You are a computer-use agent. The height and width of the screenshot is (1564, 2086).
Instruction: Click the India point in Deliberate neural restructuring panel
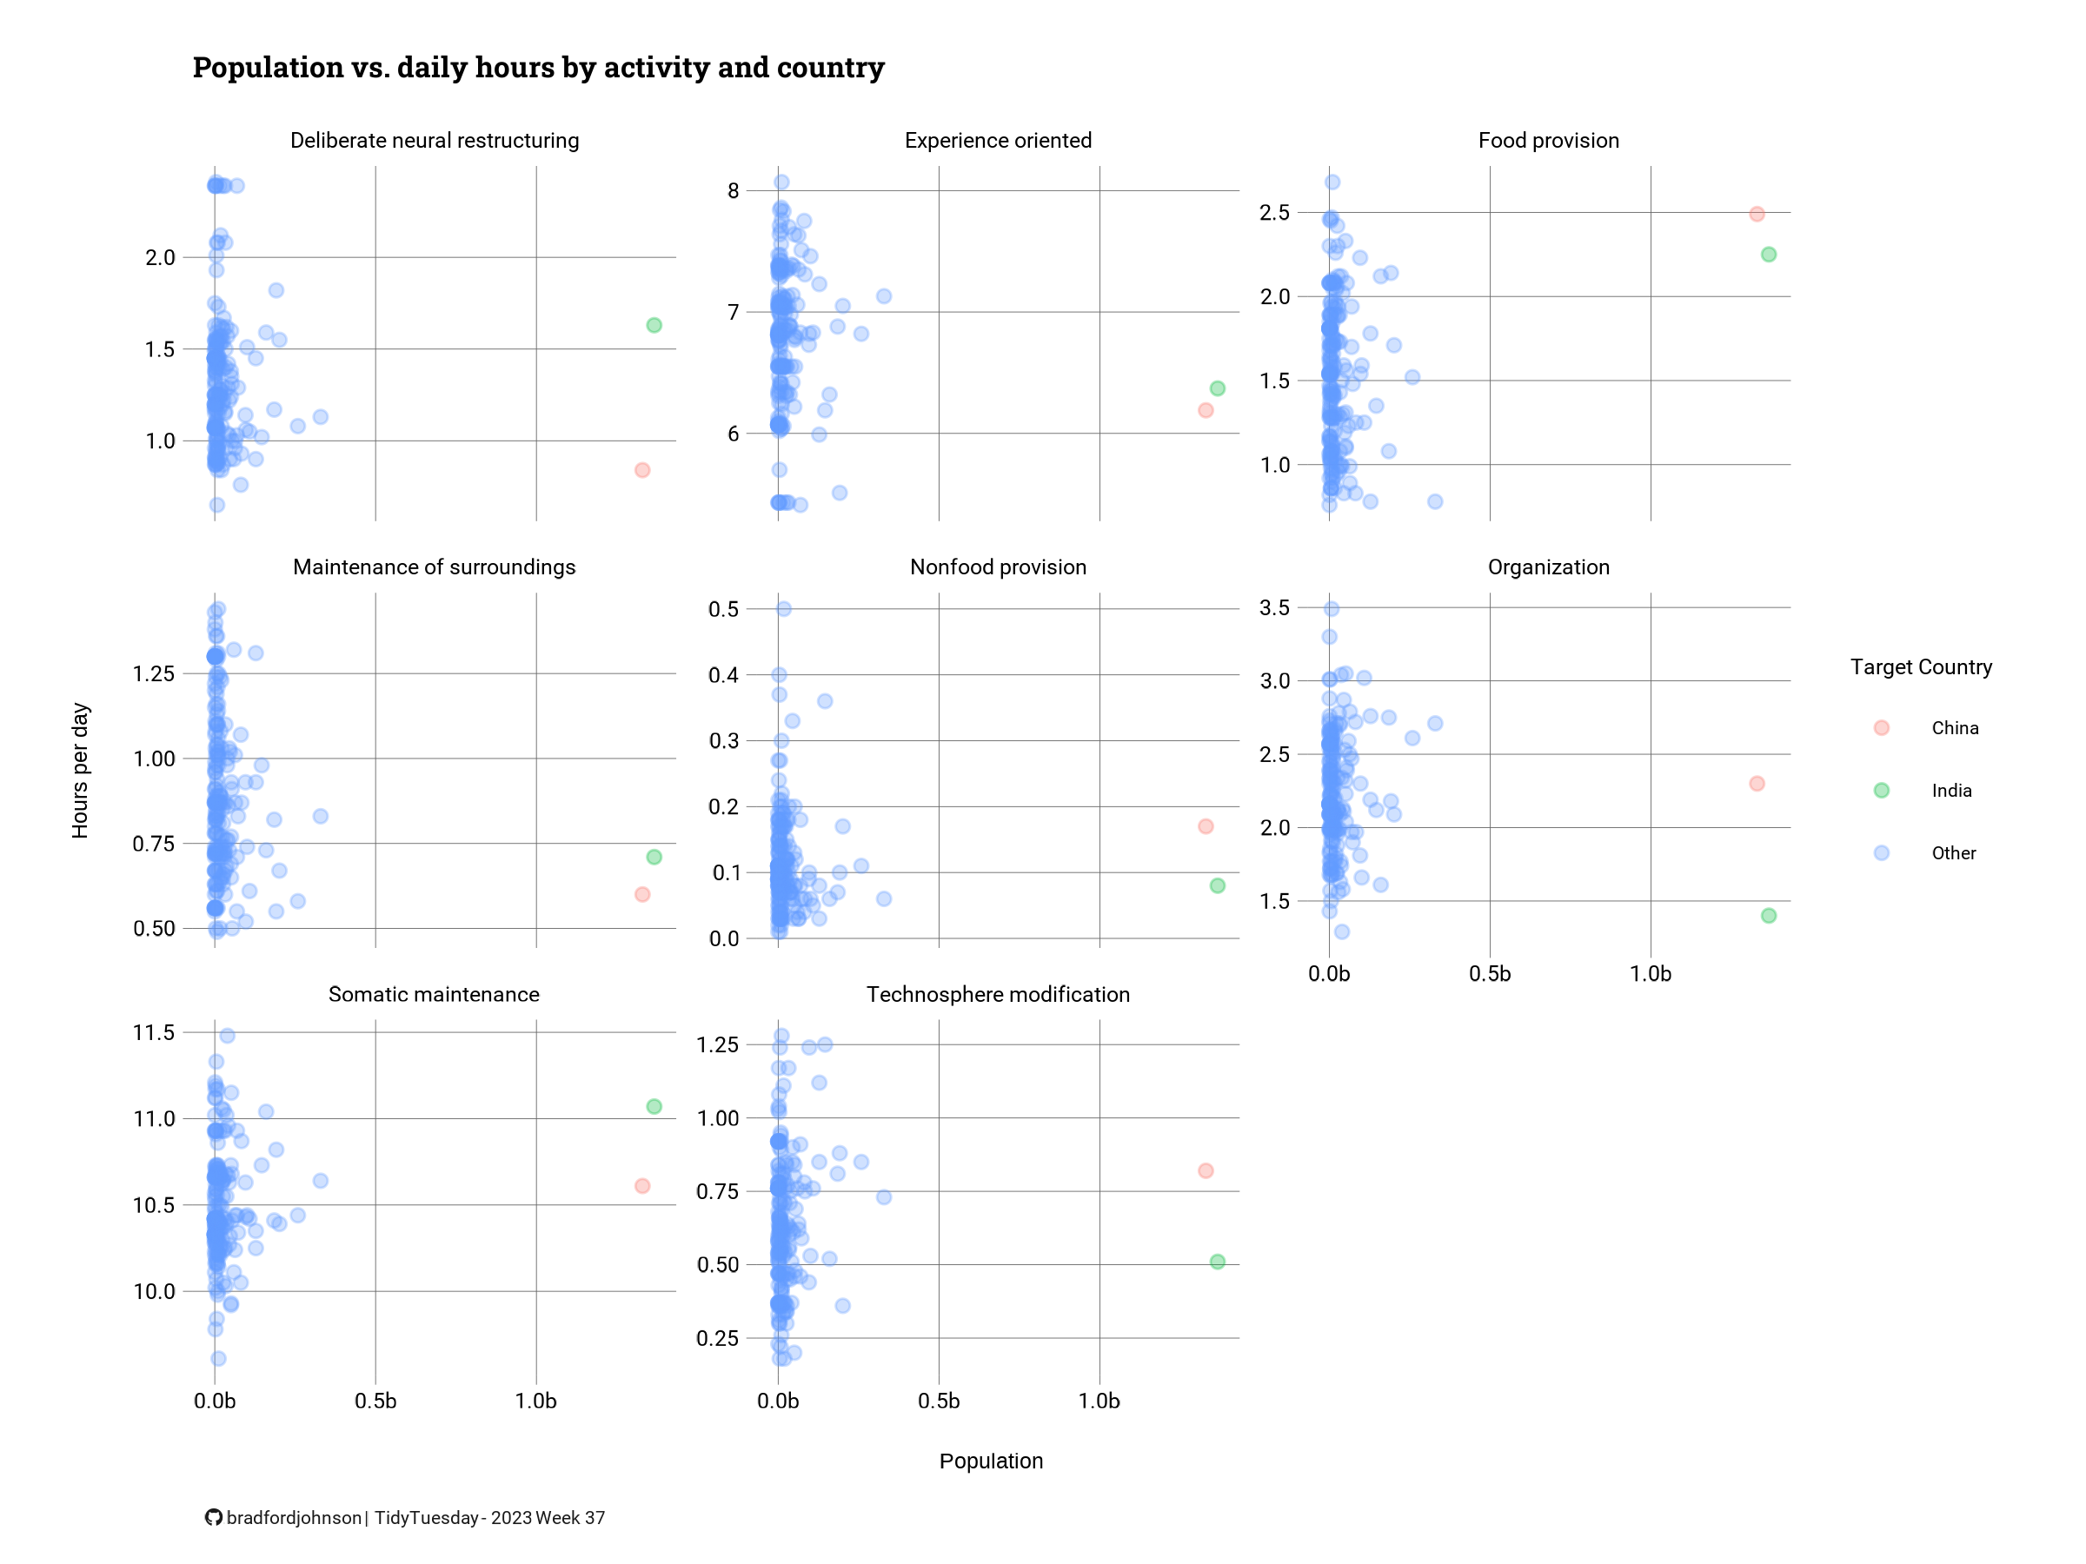click(654, 325)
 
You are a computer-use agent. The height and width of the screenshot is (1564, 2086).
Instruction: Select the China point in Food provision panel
click(1756, 214)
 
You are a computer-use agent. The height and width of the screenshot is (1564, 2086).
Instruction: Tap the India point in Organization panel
click(1768, 916)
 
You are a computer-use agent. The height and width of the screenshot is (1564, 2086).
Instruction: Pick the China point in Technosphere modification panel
click(1206, 1171)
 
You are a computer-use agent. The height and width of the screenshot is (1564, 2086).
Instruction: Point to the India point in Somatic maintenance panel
click(654, 1106)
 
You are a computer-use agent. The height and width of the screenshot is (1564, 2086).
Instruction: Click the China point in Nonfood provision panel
click(1206, 825)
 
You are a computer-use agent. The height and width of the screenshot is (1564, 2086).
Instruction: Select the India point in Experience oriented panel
click(1218, 388)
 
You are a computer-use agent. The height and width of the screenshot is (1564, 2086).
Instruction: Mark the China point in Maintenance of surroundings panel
click(642, 894)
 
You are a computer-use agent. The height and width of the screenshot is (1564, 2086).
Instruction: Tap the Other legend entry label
click(1953, 853)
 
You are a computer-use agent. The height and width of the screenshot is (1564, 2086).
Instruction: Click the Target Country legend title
click(1921, 667)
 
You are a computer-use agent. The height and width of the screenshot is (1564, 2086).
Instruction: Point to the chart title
click(539, 68)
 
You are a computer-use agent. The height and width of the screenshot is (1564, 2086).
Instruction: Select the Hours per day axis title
click(80, 770)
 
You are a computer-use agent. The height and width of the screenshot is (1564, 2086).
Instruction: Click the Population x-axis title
click(991, 1461)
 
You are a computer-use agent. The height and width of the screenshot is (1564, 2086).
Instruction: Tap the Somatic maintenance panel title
click(434, 994)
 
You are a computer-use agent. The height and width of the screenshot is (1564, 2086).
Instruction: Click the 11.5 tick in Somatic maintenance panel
click(154, 1032)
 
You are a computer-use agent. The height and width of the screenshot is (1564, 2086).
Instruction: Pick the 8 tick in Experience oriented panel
click(733, 190)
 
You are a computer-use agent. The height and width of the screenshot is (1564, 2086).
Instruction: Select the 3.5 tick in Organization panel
click(1275, 607)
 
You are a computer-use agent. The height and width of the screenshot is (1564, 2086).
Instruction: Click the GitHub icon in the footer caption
click(214, 1517)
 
